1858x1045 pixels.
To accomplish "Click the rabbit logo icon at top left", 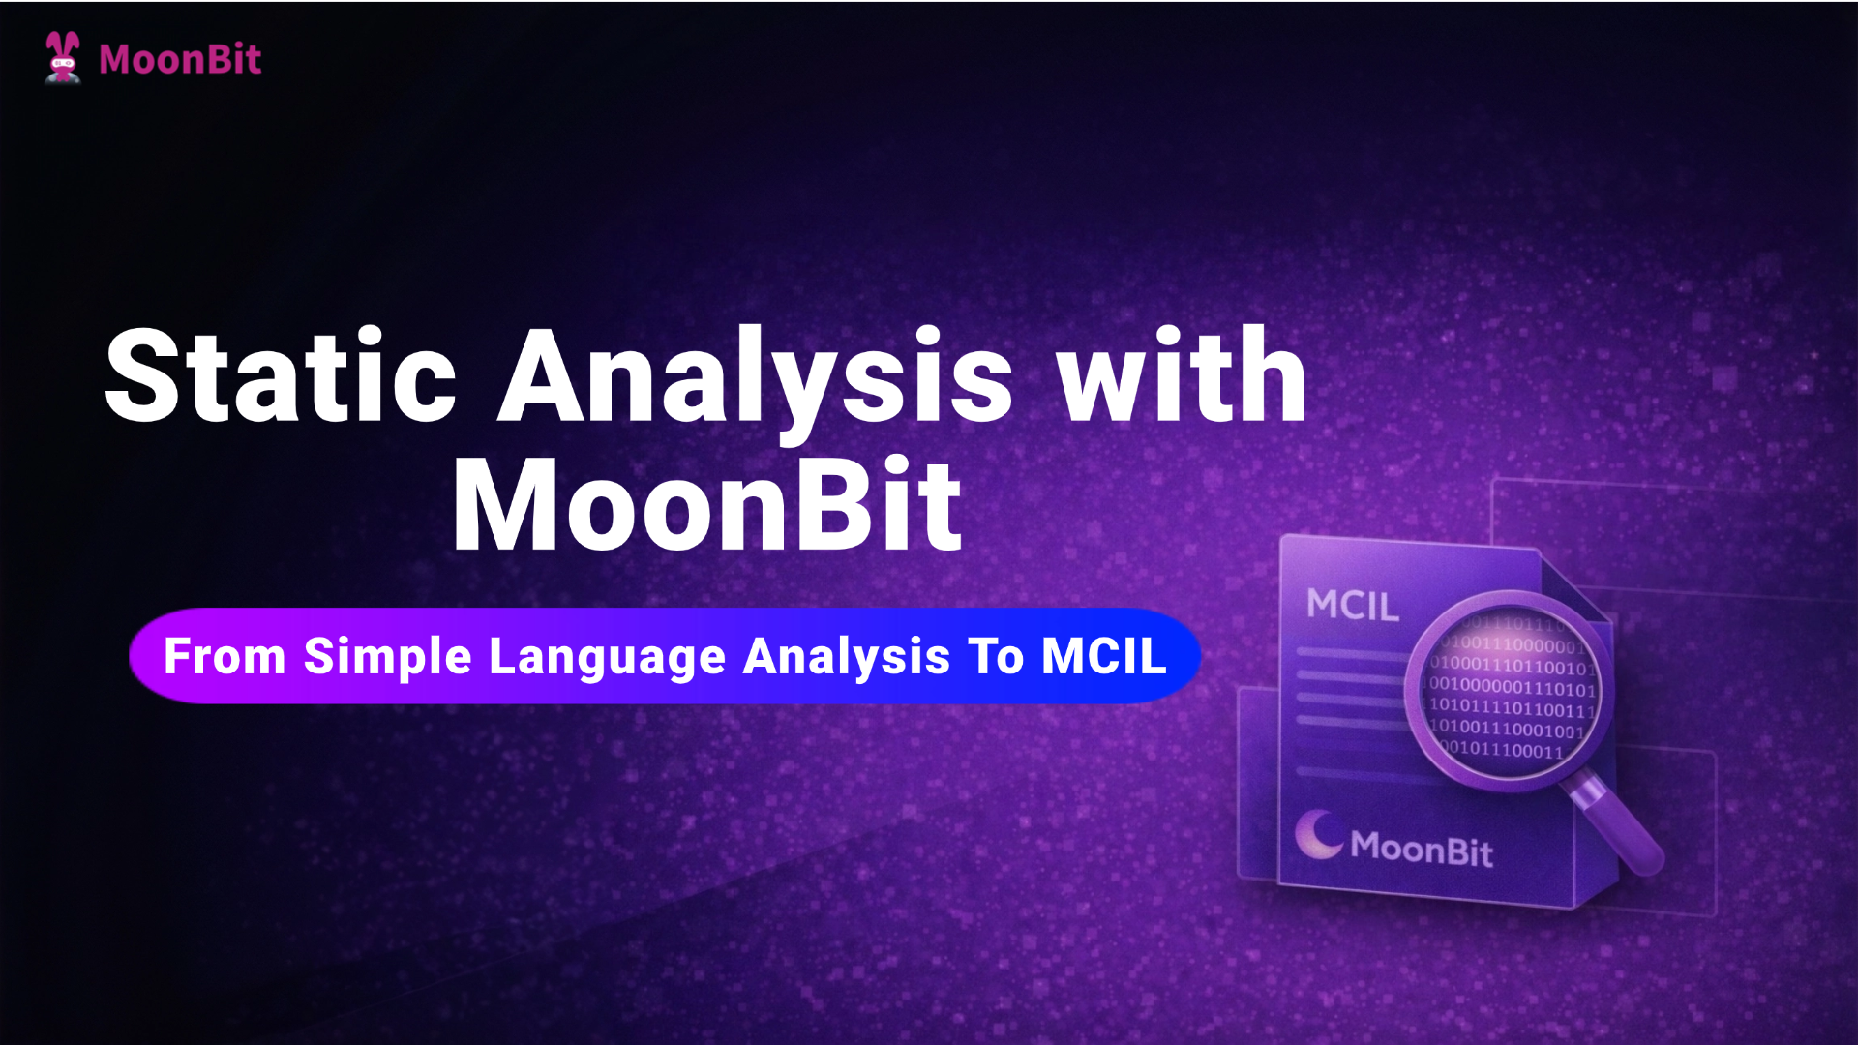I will click(63, 58).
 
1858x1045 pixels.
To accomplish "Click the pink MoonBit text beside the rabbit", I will click(180, 60).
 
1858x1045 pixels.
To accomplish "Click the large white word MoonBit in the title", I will click(707, 505).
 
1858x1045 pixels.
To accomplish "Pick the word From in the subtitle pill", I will click(225, 657).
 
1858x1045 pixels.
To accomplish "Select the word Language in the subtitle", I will click(607, 657).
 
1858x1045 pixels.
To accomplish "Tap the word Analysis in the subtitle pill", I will click(847, 657).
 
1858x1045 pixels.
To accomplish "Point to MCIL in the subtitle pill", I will click(1104, 657).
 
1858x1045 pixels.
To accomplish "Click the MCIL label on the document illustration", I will click(1352, 606).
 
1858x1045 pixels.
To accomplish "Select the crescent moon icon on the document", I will click(1319, 834).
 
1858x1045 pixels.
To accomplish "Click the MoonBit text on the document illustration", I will click(1422, 849).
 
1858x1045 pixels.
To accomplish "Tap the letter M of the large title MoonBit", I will click(503, 506).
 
